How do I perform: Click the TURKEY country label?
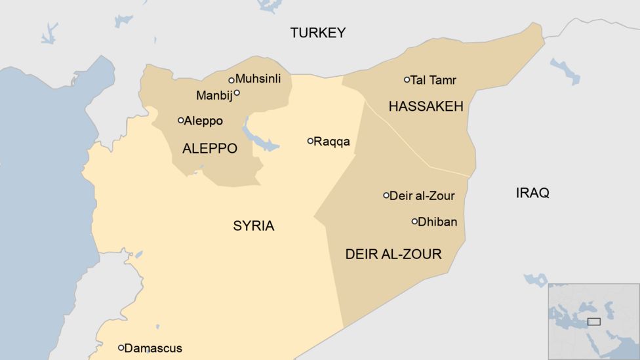coord(318,33)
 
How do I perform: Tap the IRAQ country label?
coord(532,193)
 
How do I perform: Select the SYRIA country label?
coord(253,226)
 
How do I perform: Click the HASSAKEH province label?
coord(426,106)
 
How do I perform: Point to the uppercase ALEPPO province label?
coord(209,149)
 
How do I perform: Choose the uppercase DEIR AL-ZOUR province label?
coord(393,254)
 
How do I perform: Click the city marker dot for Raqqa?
coord(310,141)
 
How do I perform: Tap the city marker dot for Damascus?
coord(121,348)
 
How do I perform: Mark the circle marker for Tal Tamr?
coord(407,80)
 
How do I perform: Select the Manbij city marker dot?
coord(237,92)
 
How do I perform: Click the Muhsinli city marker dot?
coord(231,80)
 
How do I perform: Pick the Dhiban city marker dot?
coord(414,222)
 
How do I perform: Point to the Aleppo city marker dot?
coord(180,120)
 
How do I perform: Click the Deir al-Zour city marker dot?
coord(386,195)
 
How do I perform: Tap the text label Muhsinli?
coord(258,79)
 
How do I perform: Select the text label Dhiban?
coord(437,222)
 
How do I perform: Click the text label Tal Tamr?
coord(433,80)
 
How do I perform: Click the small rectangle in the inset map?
coord(593,321)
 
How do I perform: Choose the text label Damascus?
coord(153,348)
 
